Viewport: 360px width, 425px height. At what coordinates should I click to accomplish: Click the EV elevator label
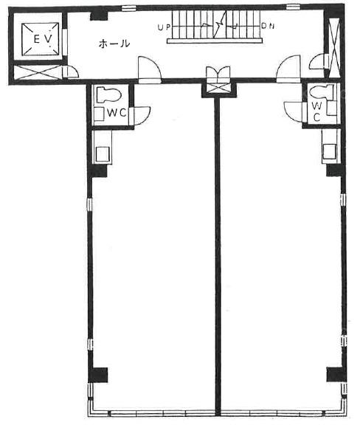tap(43, 39)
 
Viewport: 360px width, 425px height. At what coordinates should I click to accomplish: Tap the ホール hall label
tap(114, 44)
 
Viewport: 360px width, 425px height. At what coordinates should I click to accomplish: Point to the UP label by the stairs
tap(164, 27)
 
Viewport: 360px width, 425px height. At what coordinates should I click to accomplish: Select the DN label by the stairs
tap(268, 26)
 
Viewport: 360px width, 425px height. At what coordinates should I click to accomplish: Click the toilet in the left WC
tap(108, 94)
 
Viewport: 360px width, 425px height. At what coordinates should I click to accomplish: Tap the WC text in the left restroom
tap(117, 112)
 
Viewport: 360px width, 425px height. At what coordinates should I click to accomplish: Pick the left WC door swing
tap(142, 116)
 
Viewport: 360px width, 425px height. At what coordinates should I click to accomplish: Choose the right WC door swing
tap(293, 111)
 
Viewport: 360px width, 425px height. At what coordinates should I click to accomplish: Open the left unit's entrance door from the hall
tap(150, 69)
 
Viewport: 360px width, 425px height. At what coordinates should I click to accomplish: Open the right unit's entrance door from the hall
tap(288, 68)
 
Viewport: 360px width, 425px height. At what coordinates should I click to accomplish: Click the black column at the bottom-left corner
tap(97, 375)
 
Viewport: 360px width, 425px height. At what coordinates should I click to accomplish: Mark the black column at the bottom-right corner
tap(336, 375)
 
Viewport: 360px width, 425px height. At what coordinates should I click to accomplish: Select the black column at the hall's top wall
tap(99, 15)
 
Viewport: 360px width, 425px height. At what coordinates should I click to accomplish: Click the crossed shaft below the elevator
tap(38, 72)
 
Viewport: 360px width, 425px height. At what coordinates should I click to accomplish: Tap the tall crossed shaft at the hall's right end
tap(334, 48)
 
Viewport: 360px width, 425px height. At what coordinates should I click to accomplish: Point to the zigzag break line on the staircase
tap(218, 25)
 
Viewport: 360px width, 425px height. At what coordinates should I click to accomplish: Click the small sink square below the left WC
tap(103, 154)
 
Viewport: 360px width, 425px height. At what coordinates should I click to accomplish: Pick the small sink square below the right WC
tap(330, 151)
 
